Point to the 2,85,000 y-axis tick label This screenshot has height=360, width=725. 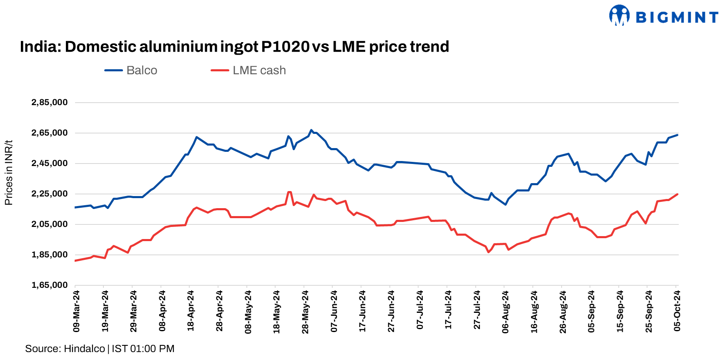pyautogui.click(x=49, y=103)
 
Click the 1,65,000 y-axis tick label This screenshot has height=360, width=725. pyautogui.click(x=49, y=285)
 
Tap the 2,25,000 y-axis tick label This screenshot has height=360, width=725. pyautogui.click(x=49, y=194)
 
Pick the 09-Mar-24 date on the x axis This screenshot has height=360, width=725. pyautogui.click(x=76, y=311)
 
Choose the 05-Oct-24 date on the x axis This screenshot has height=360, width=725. pyautogui.click(x=677, y=311)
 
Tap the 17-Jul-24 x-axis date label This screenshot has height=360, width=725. pyautogui.click(x=448, y=311)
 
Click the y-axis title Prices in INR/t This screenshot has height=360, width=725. pyautogui.click(x=9, y=173)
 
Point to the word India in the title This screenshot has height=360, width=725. pyautogui.click(x=36, y=47)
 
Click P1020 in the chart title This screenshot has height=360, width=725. pyautogui.click(x=285, y=47)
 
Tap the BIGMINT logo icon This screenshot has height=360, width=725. pyautogui.click(x=619, y=15)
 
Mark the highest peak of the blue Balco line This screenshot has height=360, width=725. pyautogui.click(x=311, y=130)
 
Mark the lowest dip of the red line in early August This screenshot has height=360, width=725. pyautogui.click(x=489, y=252)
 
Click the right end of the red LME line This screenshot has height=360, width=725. pyautogui.click(x=677, y=194)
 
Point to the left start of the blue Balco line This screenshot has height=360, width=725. pyautogui.click(x=75, y=207)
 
